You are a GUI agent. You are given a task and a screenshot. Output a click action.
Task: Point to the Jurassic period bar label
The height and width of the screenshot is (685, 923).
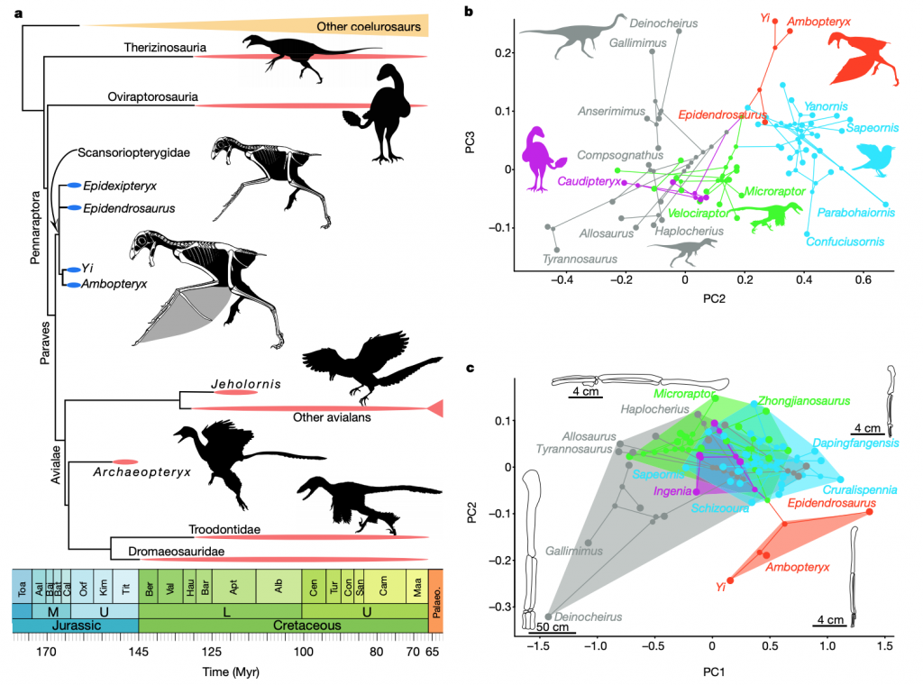click(x=75, y=625)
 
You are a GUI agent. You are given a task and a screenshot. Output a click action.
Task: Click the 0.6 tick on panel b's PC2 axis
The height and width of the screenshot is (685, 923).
click(x=864, y=279)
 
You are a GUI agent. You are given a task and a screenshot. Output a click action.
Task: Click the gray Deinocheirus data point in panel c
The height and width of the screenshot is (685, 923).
click(x=548, y=616)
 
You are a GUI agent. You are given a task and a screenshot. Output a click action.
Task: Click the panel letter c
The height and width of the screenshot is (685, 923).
click(x=470, y=368)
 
